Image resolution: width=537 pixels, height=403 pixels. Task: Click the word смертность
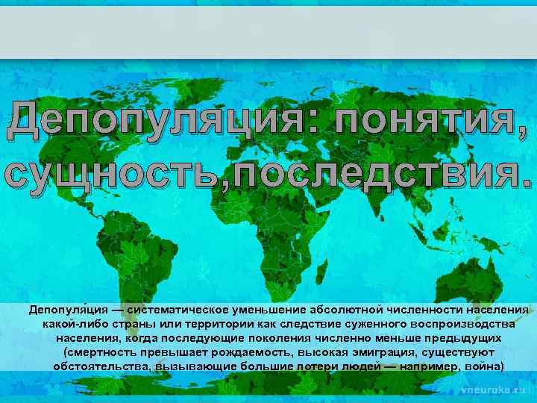[97, 352]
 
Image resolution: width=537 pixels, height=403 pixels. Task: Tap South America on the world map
[149, 254]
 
